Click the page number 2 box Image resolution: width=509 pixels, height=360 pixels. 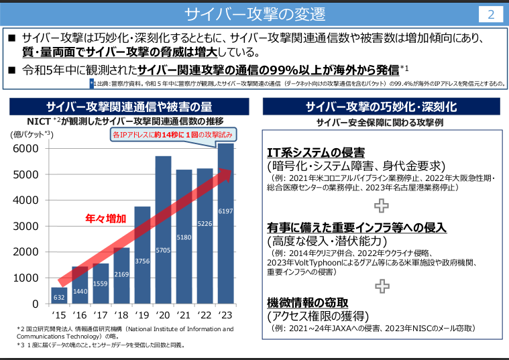point(490,14)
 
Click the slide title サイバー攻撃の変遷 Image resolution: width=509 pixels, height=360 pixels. point(254,14)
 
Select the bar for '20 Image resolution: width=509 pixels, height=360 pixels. point(163,230)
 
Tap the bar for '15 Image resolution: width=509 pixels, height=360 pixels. point(59,295)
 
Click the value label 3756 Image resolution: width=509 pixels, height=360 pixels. point(142,261)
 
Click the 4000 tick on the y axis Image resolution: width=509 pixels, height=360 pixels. point(26,200)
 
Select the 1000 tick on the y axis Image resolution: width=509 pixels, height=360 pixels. point(26,278)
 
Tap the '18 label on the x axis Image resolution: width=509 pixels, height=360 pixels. point(121,314)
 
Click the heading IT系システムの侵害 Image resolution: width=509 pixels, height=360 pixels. point(316,152)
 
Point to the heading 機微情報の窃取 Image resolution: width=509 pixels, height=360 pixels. point(308,302)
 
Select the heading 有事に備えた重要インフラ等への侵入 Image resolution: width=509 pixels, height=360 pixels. point(356,227)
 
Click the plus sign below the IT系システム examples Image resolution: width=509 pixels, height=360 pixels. point(381,204)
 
